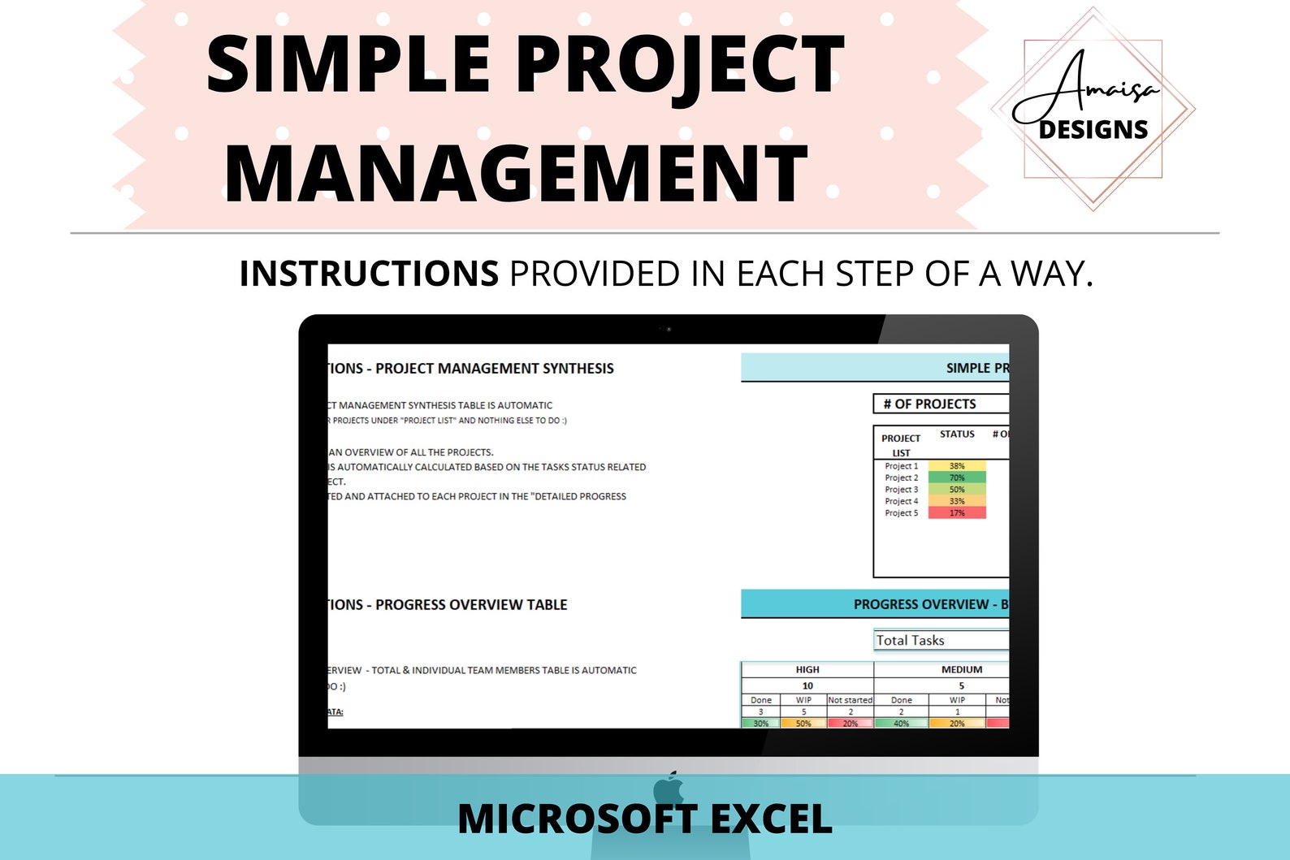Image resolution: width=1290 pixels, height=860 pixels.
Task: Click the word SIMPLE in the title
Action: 347,65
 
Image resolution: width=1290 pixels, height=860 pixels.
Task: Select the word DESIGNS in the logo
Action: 1093,130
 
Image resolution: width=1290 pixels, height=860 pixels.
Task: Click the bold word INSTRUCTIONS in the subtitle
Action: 369,274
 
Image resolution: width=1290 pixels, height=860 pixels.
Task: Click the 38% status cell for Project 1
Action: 957,466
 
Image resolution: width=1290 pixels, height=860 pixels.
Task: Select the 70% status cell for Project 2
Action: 957,478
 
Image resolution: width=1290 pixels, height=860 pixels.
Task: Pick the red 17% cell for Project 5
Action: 957,513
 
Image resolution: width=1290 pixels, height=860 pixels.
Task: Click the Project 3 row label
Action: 901,490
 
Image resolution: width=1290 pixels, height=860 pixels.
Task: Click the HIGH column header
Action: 807,670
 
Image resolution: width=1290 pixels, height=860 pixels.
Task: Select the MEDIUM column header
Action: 962,670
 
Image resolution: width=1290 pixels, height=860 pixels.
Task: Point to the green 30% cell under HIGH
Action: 761,724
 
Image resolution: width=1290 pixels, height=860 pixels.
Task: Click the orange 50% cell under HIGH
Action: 803,724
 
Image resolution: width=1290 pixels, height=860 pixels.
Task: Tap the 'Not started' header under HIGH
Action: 850,700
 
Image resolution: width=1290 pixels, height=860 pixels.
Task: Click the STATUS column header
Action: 957,434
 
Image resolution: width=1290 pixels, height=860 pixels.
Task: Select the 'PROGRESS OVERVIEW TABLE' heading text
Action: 471,605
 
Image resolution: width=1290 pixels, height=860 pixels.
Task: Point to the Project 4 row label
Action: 901,501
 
